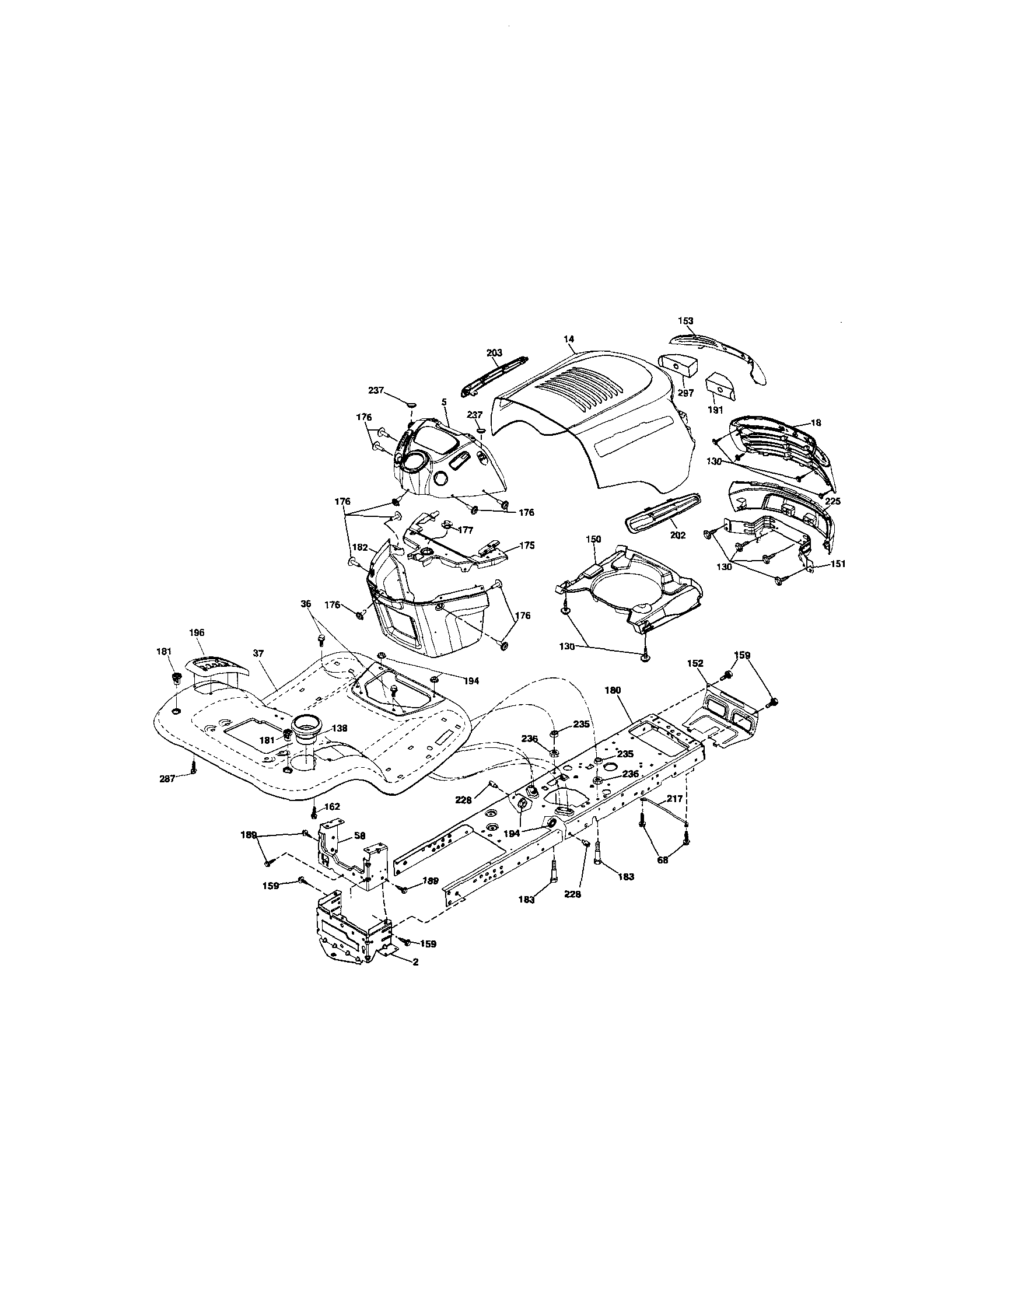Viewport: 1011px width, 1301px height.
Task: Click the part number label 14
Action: (569, 339)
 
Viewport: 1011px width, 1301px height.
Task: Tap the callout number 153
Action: (685, 321)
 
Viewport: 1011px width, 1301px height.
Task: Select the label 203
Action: (495, 352)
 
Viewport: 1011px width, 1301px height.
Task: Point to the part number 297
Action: (685, 393)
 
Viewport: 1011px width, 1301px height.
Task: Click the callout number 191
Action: (715, 410)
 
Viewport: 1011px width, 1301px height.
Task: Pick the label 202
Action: (678, 535)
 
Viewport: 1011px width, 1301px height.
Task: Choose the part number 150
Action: (593, 539)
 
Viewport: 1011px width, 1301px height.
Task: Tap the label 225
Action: (833, 502)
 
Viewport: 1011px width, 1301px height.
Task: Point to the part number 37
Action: (258, 653)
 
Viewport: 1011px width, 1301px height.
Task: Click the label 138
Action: (340, 728)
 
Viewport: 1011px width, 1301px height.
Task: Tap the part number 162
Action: (332, 807)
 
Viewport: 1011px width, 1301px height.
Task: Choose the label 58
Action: (359, 836)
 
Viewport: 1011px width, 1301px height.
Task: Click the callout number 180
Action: (613, 690)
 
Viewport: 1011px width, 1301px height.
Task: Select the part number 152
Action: (695, 663)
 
